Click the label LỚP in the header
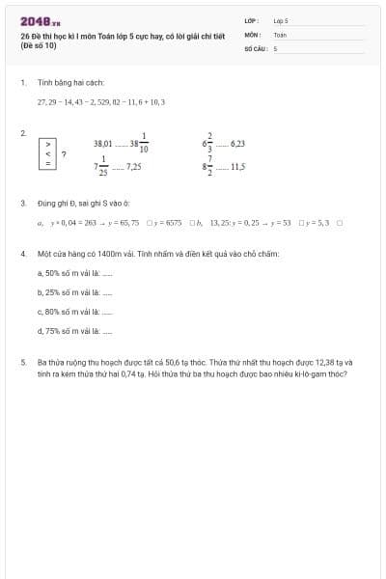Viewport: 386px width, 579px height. point(251,20)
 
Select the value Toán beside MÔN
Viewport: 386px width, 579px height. point(280,34)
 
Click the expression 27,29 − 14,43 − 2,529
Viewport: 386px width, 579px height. point(72,100)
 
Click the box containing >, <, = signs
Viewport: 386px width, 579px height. point(48,152)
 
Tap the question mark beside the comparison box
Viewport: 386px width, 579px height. point(64,153)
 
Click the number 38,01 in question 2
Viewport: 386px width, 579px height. point(103,143)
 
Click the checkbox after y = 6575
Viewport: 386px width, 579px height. point(194,223)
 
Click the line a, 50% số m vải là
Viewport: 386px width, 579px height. point(75,273)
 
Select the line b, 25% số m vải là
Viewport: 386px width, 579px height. point(75,292)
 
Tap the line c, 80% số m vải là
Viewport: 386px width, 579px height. point(75,312)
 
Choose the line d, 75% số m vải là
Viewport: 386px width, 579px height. point(75,331)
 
